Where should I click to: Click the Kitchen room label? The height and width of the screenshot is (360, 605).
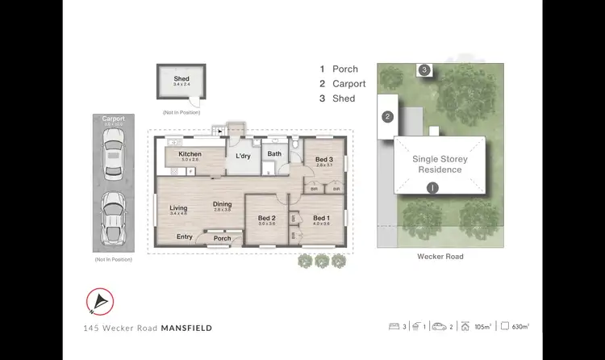coord(190,154)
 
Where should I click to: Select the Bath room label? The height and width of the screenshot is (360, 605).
coord(274,153)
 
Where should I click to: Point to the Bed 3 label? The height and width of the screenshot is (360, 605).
coord(324,160)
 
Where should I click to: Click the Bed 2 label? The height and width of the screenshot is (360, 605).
coord(267,218)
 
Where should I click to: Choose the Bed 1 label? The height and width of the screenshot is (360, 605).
coord(321,218)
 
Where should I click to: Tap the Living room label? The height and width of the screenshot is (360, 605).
coord(178,208)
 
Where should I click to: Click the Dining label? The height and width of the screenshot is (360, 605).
coord(222,204)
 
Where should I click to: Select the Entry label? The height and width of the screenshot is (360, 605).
coord(185,237)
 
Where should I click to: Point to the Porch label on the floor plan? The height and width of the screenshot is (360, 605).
coord(222,238)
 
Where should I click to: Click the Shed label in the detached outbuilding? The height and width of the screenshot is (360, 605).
coord(181,77)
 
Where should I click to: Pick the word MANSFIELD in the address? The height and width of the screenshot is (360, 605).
coord(188,329)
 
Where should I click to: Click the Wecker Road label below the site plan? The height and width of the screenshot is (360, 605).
coord(440,256)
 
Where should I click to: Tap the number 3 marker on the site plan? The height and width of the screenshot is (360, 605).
coord(424,70)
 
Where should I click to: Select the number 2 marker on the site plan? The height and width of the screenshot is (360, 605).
coord(387,117)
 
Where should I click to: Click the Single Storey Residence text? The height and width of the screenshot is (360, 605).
coord(440,165)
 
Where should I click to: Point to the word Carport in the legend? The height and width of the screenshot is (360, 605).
coord(348,84)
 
